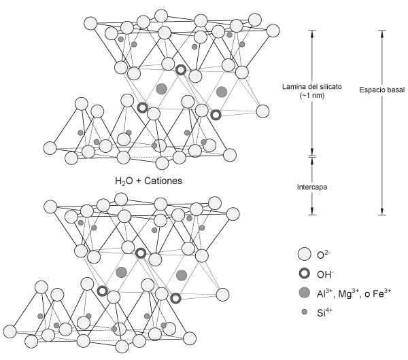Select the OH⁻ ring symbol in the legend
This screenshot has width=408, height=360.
tap(304, 274)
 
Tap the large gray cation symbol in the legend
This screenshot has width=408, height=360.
tap(304, 293)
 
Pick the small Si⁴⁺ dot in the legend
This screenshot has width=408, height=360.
tap(304, 312)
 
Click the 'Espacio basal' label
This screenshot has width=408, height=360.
tap(382, 87)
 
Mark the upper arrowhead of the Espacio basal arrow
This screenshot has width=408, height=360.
tap(382, 33)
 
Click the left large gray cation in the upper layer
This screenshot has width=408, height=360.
tap(161, 89)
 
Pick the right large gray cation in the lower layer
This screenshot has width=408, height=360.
tap(182, 274)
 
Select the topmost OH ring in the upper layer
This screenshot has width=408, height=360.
tap(181, 70)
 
